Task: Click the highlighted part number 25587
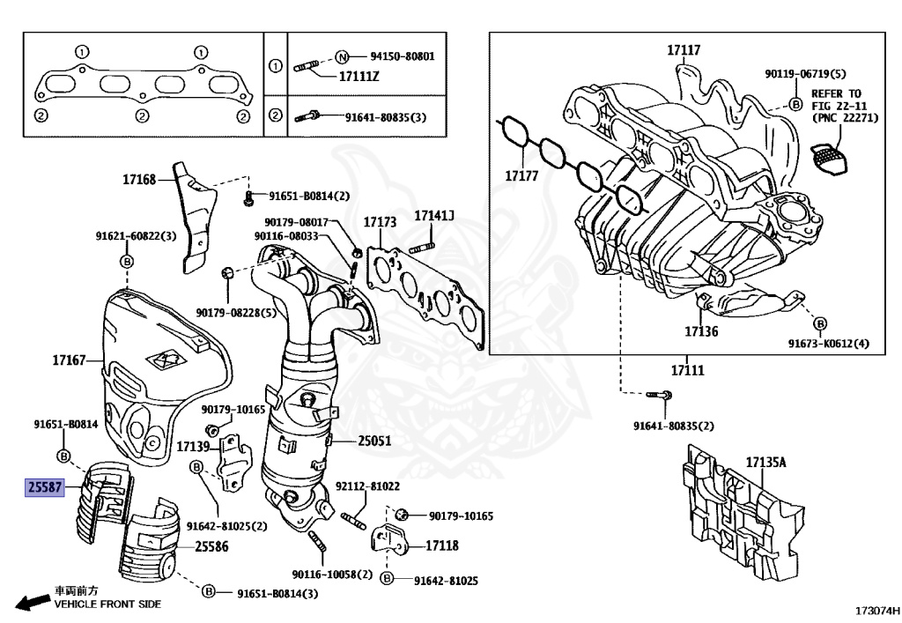click(x=44, y=487)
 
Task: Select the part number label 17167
click(x=69, y=360)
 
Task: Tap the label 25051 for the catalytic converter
click(x=374, y=441)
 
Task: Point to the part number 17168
click(x=139, y=180)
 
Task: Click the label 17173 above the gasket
click(x=380, y=222)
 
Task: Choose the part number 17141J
click(x=434, y=216)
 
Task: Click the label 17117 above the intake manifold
click(x=684, y=50)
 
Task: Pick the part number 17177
click(x=521, y=175)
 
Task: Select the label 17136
click(x=701, y=331)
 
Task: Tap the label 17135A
click(x=766, y=462)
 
